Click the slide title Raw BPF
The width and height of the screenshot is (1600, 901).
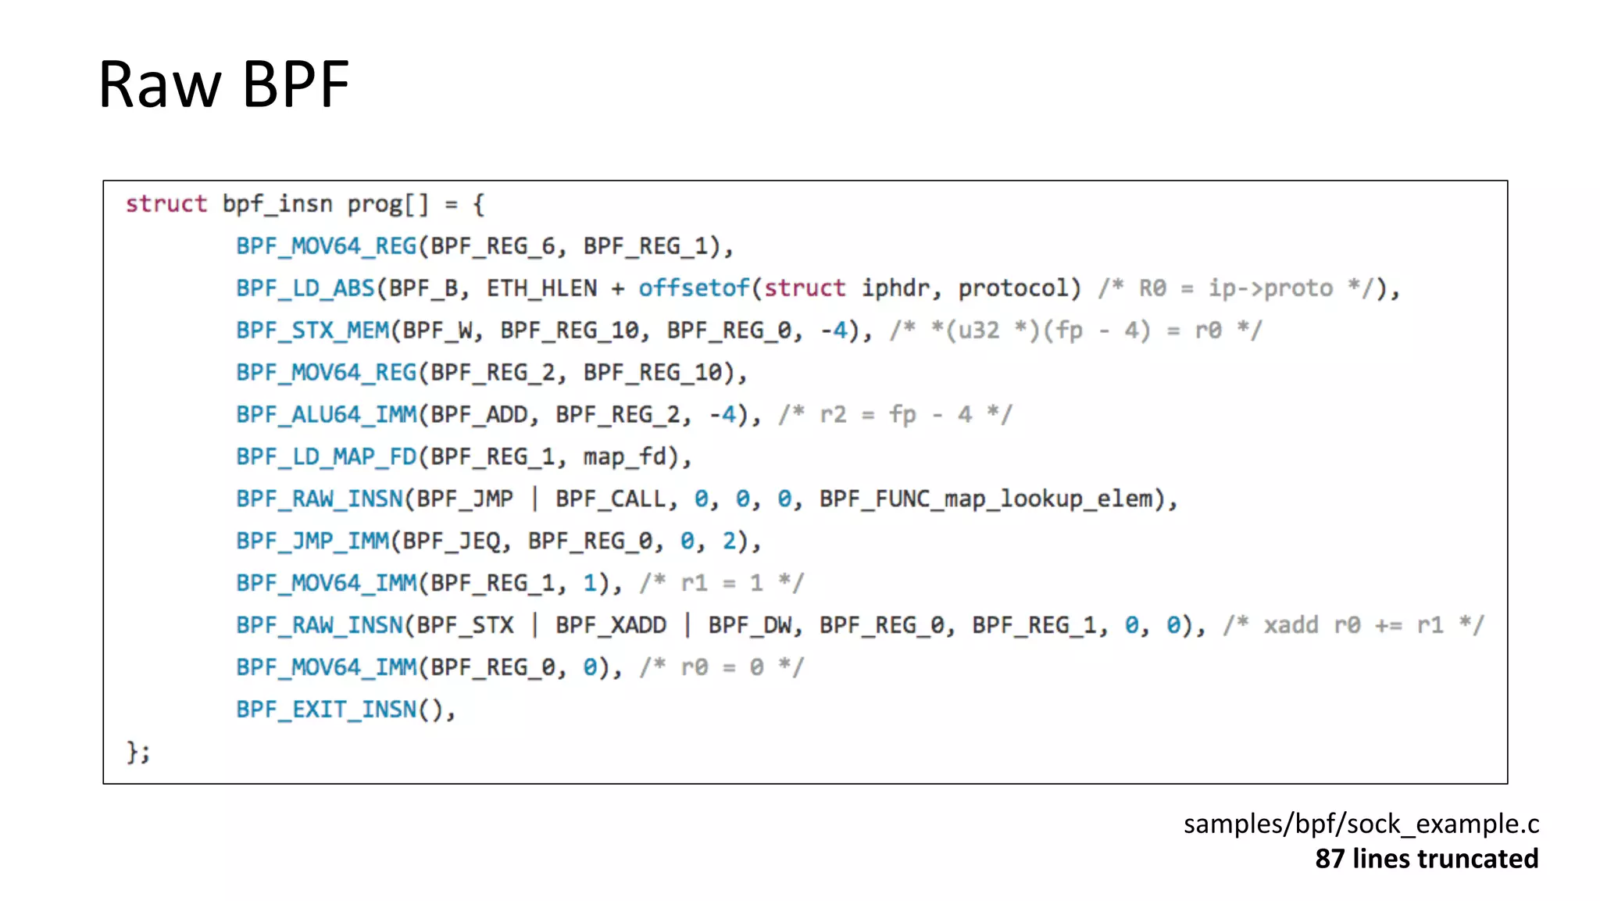[x=223, y=84]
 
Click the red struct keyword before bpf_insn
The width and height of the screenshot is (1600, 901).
[x=166, y=204]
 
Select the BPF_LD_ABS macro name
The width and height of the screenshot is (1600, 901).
[x=305, y=288]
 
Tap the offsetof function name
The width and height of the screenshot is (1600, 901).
[x=694, y=288]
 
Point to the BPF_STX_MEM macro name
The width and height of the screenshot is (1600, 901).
[x=312, y=331]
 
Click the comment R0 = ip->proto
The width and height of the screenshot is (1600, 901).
[x=1235, y=288]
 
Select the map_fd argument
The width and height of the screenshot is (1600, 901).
[x=631, y=457]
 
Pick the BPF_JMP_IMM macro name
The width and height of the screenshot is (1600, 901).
[x=312, y=542]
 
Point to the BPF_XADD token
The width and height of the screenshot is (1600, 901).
[x=611, y=626]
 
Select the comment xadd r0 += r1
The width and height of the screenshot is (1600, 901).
[x=1353, y=626]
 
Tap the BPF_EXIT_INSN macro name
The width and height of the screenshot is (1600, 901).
[x=327, y=710]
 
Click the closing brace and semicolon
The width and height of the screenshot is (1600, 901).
[x=138, y=753]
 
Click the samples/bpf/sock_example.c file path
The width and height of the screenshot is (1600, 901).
[x=1361, y=824]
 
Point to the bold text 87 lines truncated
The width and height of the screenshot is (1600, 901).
[x=1427, y=859]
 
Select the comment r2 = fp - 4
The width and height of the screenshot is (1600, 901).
[x=895, y=415]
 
